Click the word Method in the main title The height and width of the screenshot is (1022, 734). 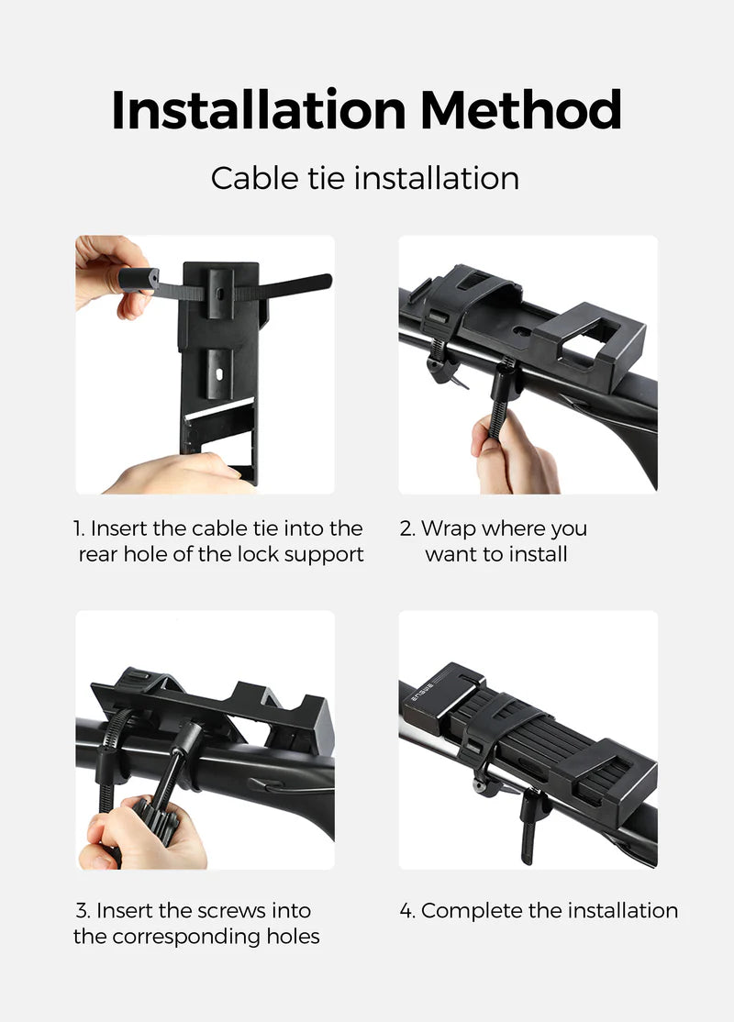point(521,111)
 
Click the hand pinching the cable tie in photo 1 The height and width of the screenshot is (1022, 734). point(108,271)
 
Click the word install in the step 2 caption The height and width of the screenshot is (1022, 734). point(540,554)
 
